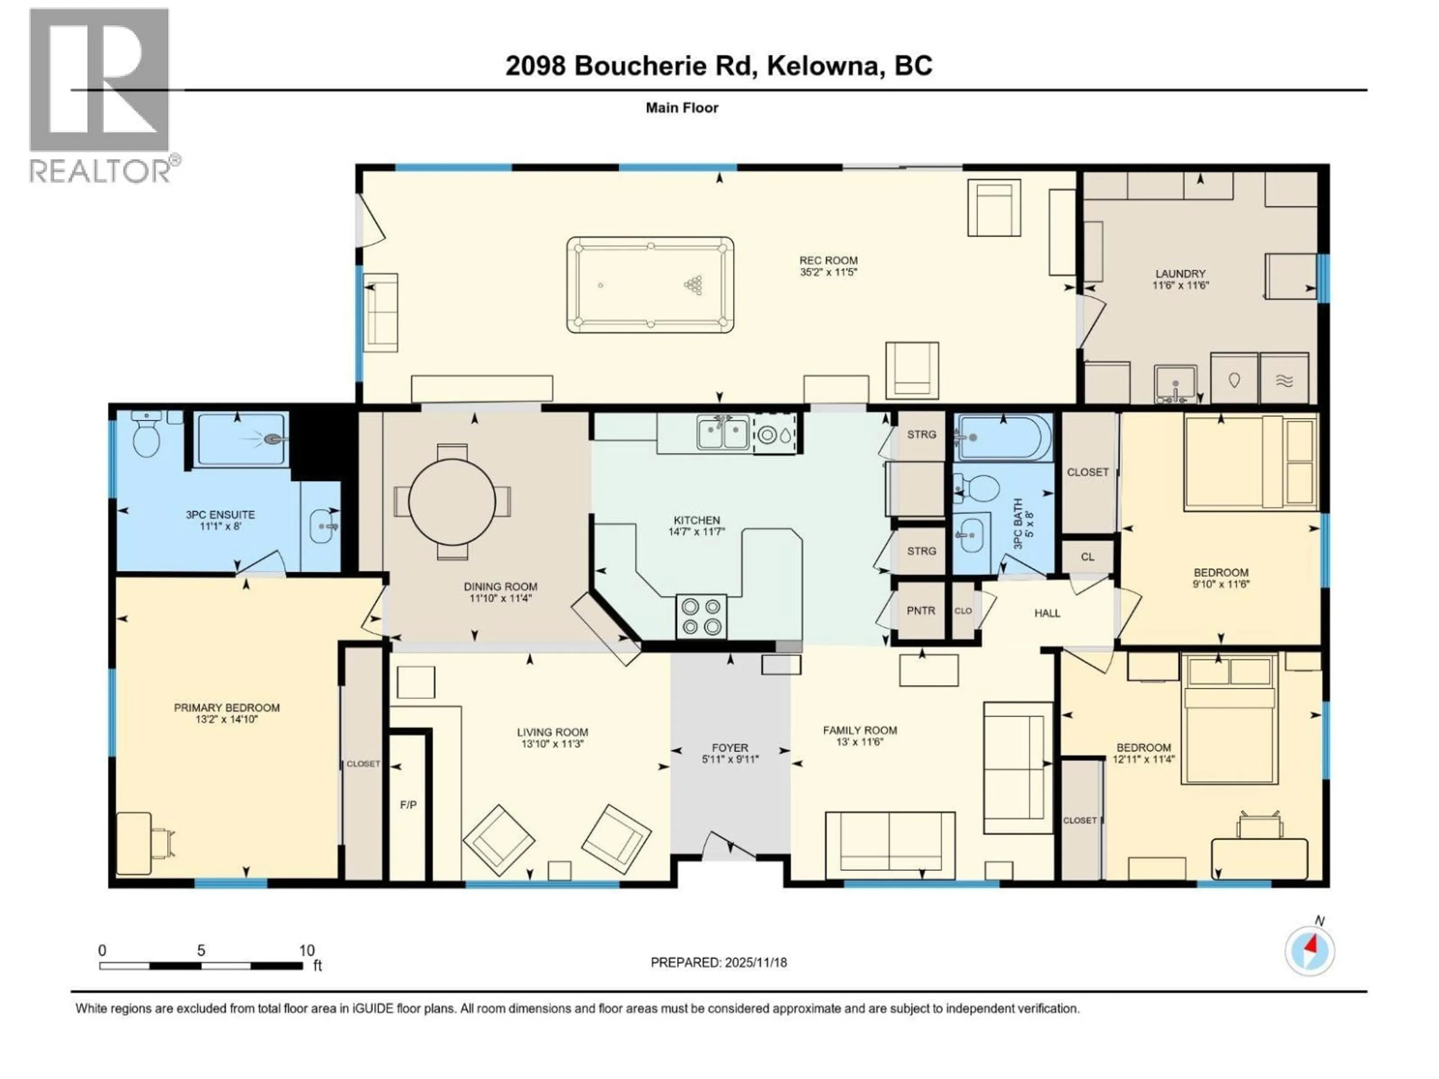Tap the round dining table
452,501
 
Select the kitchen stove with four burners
701,616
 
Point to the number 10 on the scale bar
307,950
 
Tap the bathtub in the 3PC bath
1002,437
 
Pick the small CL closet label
1087,557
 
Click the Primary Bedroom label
226,708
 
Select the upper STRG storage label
921,435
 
